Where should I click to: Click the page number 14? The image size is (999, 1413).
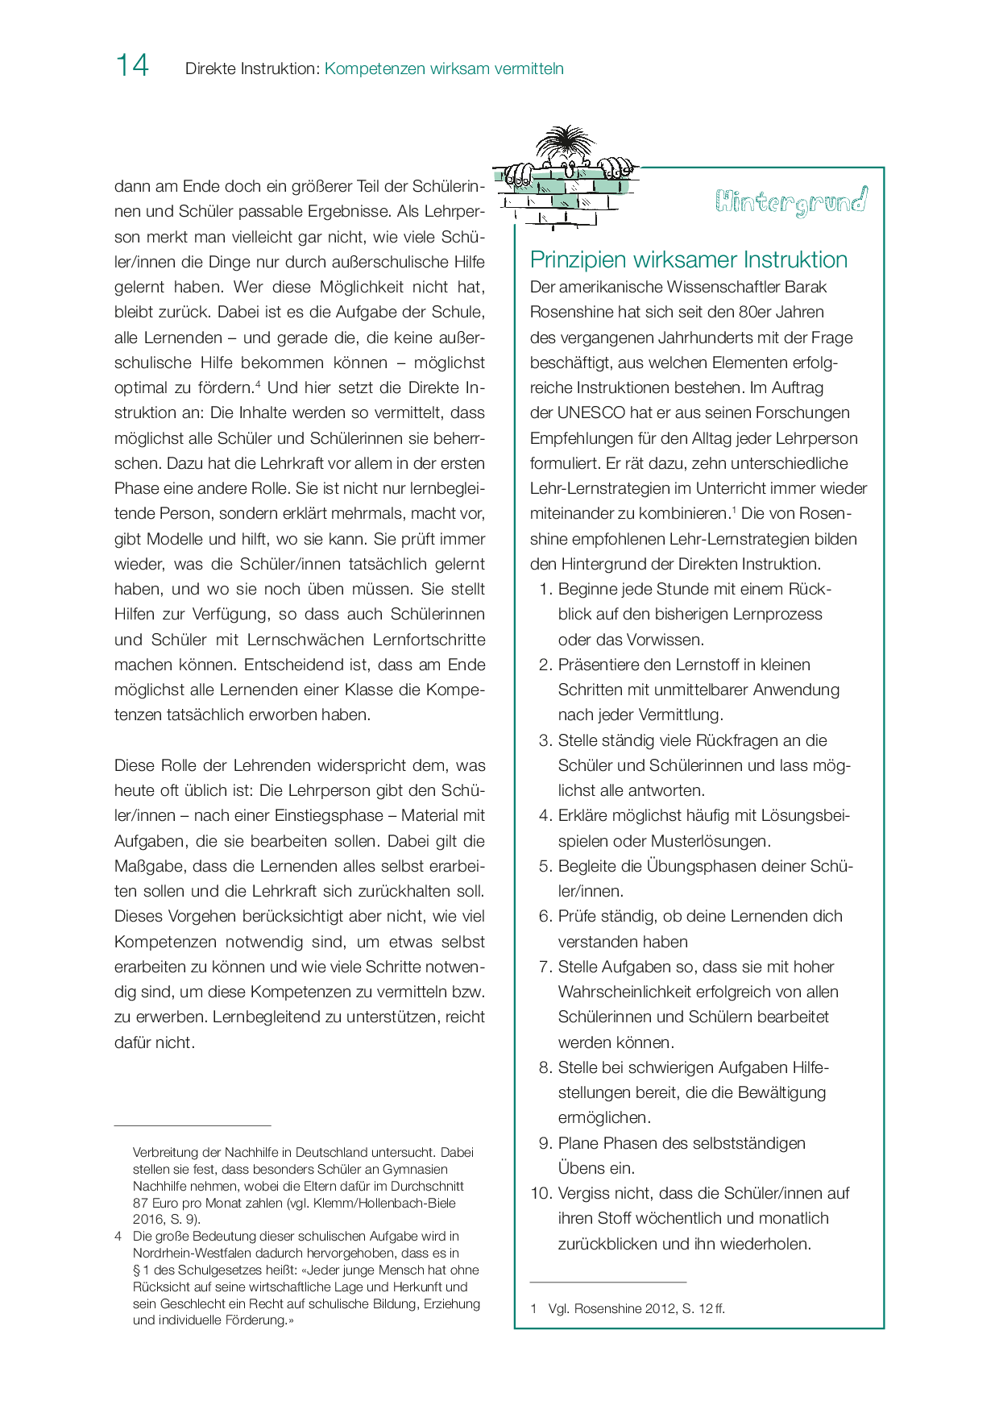[x=132, y=65]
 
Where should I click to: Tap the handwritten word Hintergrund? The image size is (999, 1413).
[x=790, y=201]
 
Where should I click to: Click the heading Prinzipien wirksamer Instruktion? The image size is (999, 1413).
[x=689, y=259]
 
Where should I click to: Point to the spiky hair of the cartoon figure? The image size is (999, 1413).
[x=566, y=142]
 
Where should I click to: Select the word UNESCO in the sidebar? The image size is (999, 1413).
[x=591, y=412]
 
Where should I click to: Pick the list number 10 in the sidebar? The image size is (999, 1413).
[x=540, y=1193]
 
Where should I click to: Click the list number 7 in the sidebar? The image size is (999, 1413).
[x=545, y=967]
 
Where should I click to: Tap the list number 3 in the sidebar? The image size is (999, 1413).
[x=545, y=740]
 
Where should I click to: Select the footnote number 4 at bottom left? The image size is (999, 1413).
[x=118, y=1236]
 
